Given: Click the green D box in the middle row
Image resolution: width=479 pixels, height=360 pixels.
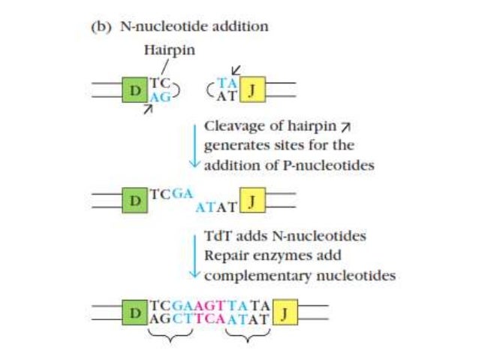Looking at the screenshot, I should click(x=135, y=201).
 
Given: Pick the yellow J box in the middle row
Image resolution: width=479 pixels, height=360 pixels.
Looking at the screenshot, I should click(x=253, y=201).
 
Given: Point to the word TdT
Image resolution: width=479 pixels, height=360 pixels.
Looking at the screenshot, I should click(x=218, y=237).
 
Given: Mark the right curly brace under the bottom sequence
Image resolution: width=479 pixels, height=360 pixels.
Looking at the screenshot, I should click(x=247, y=338).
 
